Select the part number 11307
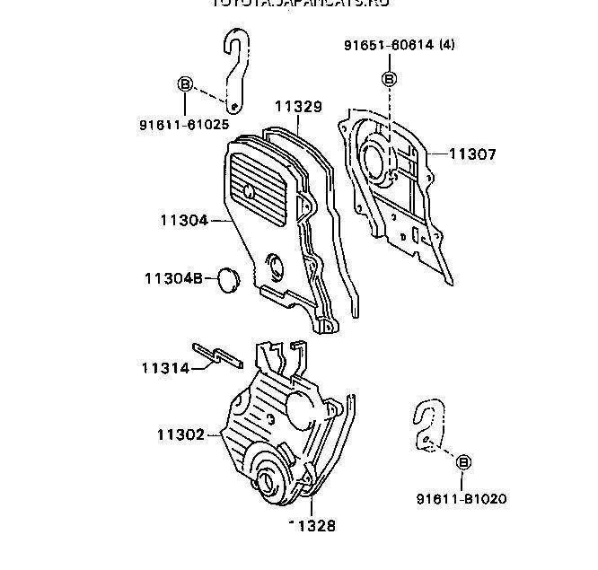[471, 154]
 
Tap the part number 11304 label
[184, 219]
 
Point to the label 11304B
[173, 278]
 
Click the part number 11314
[165, 367]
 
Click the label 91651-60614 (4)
[399, 45]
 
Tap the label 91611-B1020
[462, 498]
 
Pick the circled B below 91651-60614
[390, 79]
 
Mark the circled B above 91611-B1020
[464, 461]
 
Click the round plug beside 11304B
[228, 279]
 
